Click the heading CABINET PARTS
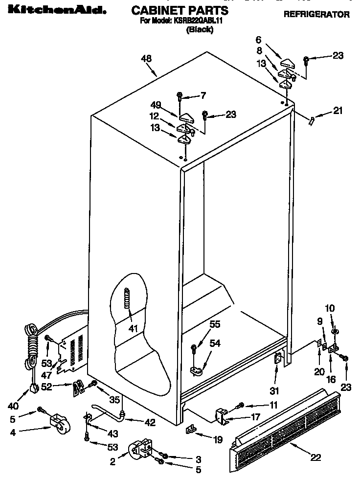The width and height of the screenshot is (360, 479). tap(180, 10)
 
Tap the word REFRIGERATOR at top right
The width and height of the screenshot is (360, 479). tap(316, 14)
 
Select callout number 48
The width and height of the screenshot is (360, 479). tap(146, 59)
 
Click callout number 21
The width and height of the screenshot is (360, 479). tap(337, 111)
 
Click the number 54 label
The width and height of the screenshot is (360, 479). tap(216, 344)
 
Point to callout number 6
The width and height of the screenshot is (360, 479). tap(259, 40)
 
